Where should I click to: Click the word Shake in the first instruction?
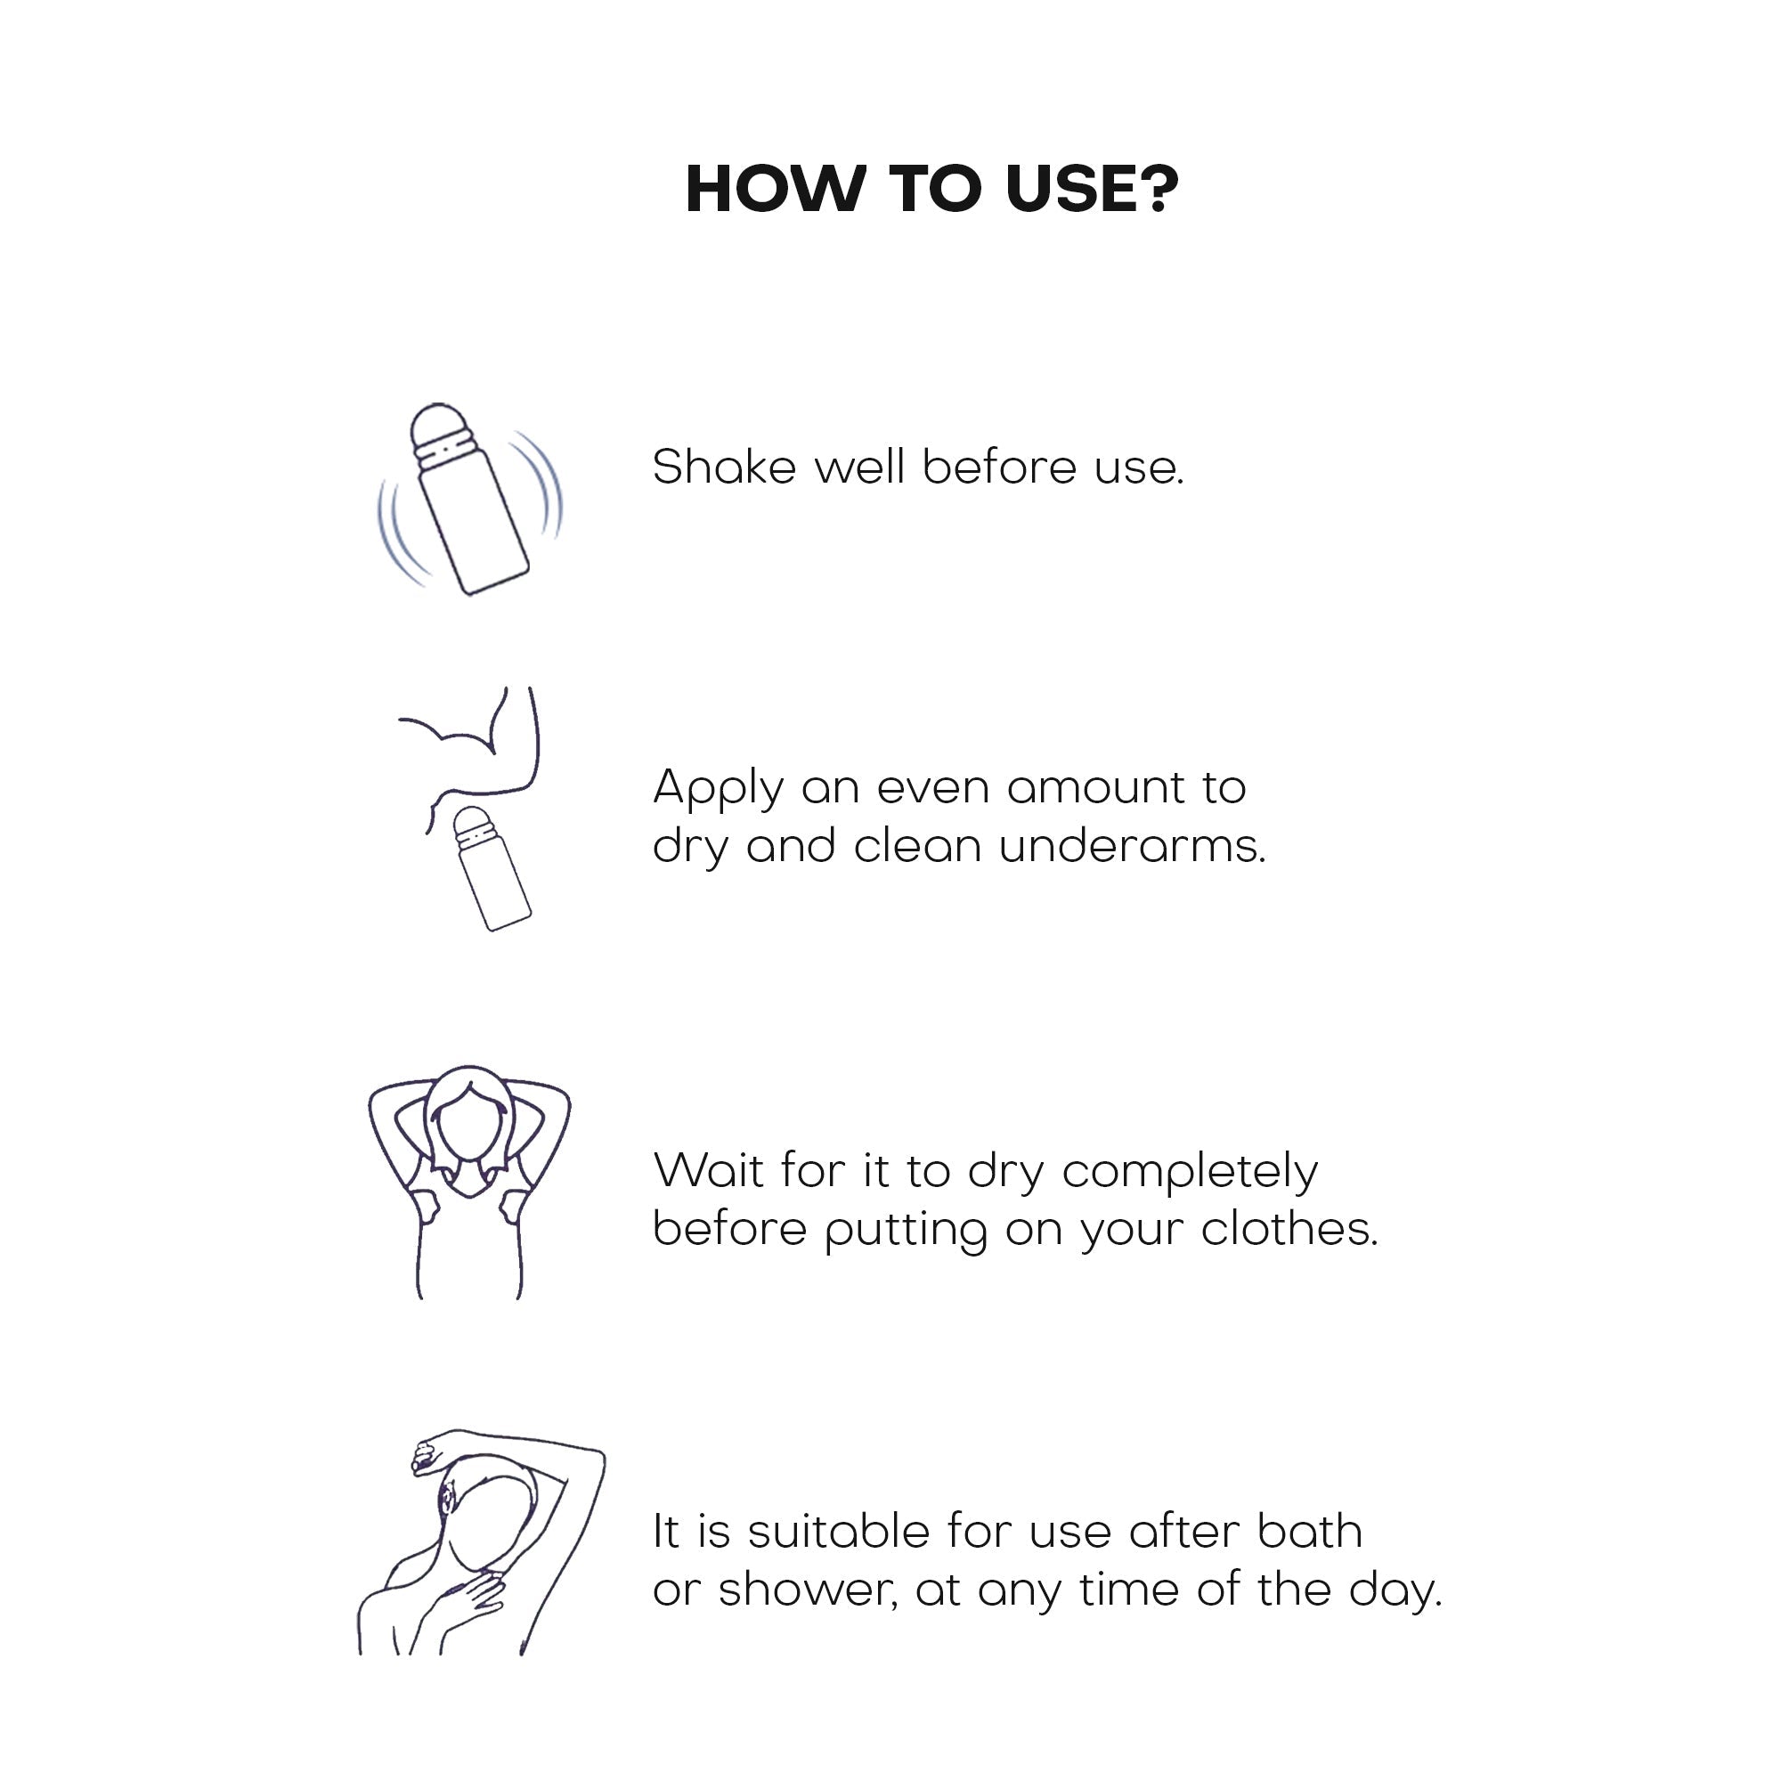click(725, 467)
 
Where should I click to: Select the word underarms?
click(1133, 846)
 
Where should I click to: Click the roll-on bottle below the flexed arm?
click(492, 868)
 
